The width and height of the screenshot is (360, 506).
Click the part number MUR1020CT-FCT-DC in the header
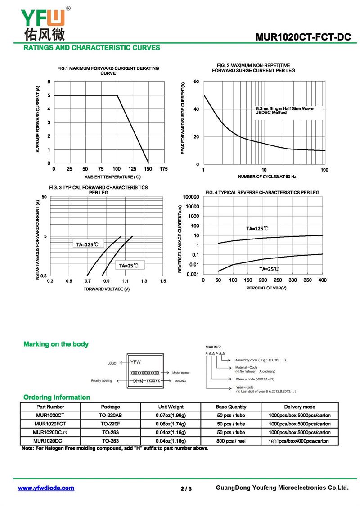click(303, 37)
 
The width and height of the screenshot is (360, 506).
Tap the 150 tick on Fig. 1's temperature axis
click(148, 169)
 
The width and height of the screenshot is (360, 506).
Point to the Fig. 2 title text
click(253, 68)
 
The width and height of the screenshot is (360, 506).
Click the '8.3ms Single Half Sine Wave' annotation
click(285, 109)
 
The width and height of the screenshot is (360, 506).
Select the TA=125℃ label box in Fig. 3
click(87, 244)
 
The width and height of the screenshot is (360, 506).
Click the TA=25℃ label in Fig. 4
click(269, 269)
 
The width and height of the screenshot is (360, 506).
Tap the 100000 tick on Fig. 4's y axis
click(191, 197)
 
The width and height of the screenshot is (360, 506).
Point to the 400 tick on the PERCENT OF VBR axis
click(322, 280)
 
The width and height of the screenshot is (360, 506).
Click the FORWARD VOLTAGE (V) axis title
click(107, 289)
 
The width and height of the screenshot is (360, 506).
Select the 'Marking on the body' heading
click(56, 344)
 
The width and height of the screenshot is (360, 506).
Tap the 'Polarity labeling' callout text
click(101, 381)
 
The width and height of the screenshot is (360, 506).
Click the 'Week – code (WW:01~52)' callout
click(255, 379)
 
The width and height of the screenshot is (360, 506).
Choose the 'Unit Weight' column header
click(171, 407)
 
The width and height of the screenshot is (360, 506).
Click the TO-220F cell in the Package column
click(110, 424)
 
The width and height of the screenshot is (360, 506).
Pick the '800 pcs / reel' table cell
click(231, 441)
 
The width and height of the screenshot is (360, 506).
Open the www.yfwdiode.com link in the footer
click(46, 488)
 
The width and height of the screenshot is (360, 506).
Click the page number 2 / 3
click(186, 488)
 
